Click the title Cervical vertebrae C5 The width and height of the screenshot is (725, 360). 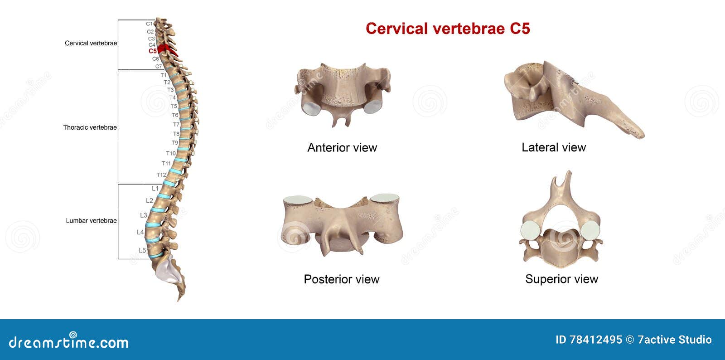click(448, 29)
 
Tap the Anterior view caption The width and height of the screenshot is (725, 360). click(342, 147)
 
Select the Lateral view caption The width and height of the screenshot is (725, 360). click(553, 147)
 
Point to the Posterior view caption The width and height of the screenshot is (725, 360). click(341, 279)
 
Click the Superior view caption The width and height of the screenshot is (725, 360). click(561, 279)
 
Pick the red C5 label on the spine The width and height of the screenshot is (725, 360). click(153, 51)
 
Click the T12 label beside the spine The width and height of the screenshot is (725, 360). click(161, 175)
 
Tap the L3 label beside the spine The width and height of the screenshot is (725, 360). click(144, 215)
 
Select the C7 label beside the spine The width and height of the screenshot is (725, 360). click(159, 66)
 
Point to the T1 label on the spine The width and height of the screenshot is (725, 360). click(164, 75)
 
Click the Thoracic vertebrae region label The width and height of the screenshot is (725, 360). click(90, 127)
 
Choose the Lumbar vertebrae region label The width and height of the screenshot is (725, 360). click(91, 221)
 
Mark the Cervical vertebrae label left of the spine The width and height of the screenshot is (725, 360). click(91, 43)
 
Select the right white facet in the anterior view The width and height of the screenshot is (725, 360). click(373, 106)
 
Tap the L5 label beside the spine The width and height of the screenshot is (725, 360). click(142, 251)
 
